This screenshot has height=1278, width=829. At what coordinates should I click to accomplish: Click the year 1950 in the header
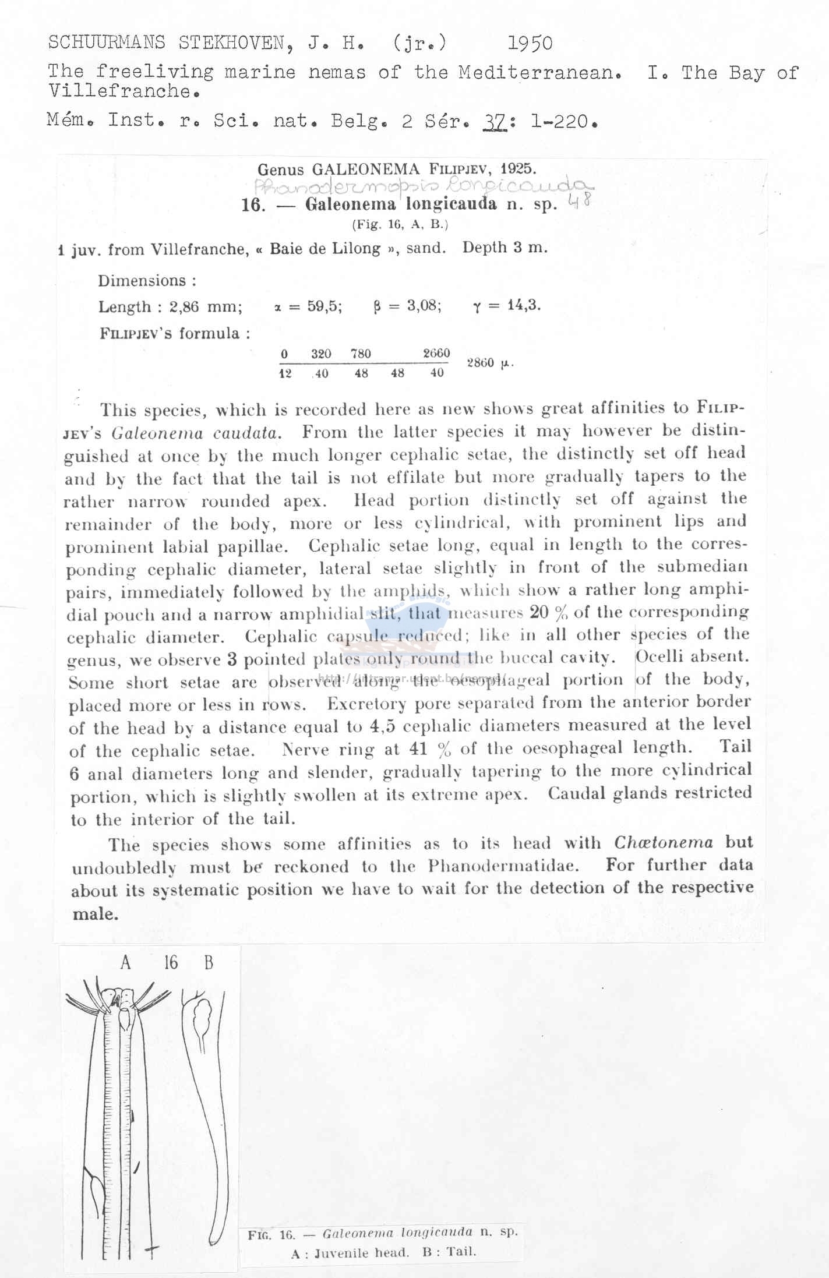pos(530,43)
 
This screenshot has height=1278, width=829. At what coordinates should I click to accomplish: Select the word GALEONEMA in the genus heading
pos(365,170)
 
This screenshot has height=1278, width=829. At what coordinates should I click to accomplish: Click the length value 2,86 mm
pos(206,306)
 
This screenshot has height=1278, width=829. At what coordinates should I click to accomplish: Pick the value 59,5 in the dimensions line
pos(324,306)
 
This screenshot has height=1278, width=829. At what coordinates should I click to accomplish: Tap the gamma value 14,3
pos(524,305)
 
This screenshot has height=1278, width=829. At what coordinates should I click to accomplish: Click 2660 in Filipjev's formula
pos(436,353)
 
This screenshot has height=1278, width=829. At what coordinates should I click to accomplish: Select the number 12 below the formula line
pos(285,373)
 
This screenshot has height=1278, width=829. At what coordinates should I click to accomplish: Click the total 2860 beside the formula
pos(481,362)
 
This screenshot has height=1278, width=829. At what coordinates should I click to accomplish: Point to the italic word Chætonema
pos(663,842)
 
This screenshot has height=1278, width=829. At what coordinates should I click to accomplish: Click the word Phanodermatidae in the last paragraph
pos(503,866)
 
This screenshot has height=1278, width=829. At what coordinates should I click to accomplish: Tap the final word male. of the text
pos(96,913)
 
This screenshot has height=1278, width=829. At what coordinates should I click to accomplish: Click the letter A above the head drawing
pos(125,963)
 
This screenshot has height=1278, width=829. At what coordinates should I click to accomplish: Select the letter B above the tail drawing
pos(209,963)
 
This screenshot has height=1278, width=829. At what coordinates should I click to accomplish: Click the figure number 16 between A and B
pos(171,962)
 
